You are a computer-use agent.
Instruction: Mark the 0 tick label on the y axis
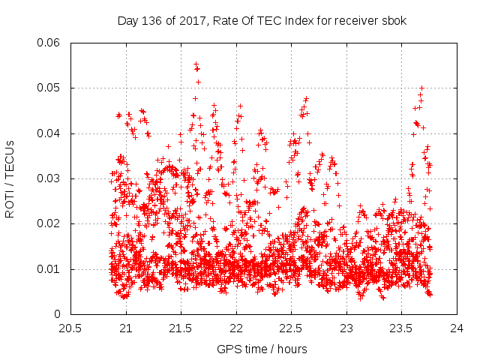pyautogui.click(x=59, y=313)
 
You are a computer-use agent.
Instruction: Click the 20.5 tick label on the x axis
pyautogui.click(x=70, y=328)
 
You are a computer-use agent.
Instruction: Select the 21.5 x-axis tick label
pyautogui.click(x=181, y=328)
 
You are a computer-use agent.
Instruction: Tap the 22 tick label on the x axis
pyautogui.click(x=235, y=328)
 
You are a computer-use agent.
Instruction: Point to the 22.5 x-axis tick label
pyautogui.click(x=291, y=328)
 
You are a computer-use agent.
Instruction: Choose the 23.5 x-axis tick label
pyautogui.click(x=401, y=328)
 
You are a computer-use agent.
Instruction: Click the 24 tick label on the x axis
pyautogui.click(x=456, y=328)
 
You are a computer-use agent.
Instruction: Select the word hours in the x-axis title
pyautogui.click(x=291, y=349)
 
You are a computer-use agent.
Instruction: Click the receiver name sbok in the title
pyautogui.click(x=394, y=20)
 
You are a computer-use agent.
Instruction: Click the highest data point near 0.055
pyautogui.click(x=196, y=64)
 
